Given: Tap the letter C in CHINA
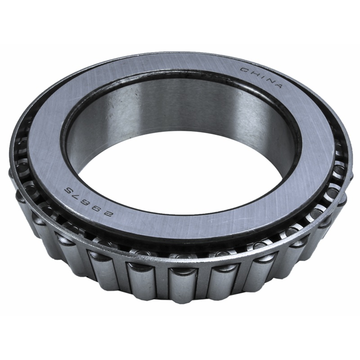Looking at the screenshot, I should (x=243, y=70).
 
